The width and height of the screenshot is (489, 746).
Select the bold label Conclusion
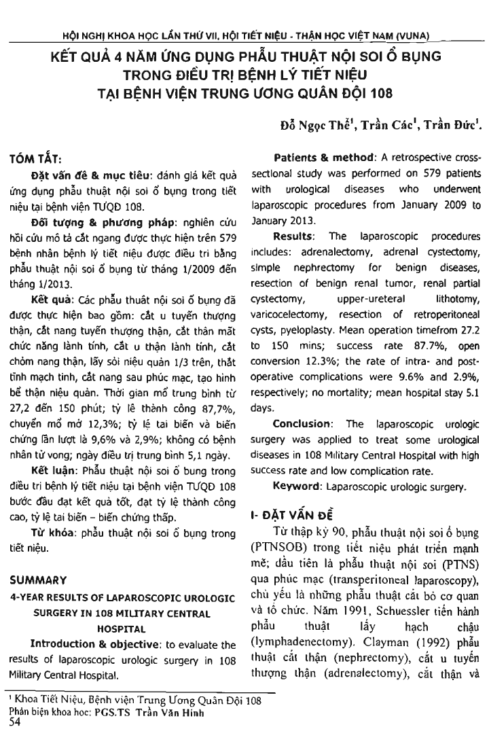tap(300, 441)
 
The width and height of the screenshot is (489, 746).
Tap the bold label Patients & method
tap(318, 158)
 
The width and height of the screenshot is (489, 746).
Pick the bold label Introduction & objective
tap(81, 644)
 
